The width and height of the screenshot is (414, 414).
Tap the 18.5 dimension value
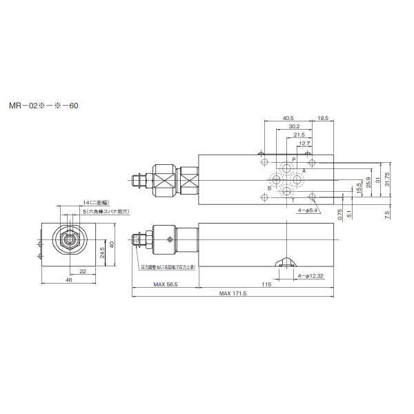323,118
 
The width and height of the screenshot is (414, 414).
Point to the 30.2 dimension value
293,126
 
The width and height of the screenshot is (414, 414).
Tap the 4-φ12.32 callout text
310,275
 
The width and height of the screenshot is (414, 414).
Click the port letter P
293,159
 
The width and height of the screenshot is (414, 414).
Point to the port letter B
269,187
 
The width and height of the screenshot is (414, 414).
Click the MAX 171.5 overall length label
233,294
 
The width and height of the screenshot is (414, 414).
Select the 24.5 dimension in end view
101,250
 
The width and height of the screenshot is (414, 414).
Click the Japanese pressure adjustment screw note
168,266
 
